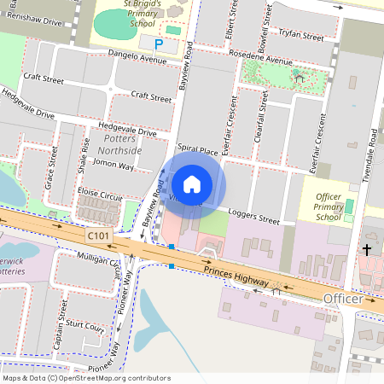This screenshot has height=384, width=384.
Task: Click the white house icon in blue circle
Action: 192,183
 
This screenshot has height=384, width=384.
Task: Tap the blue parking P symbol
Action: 158,43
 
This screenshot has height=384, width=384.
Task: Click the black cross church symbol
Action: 367,249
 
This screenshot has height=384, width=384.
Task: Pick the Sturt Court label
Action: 84,326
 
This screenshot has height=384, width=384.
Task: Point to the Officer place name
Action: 343,300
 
